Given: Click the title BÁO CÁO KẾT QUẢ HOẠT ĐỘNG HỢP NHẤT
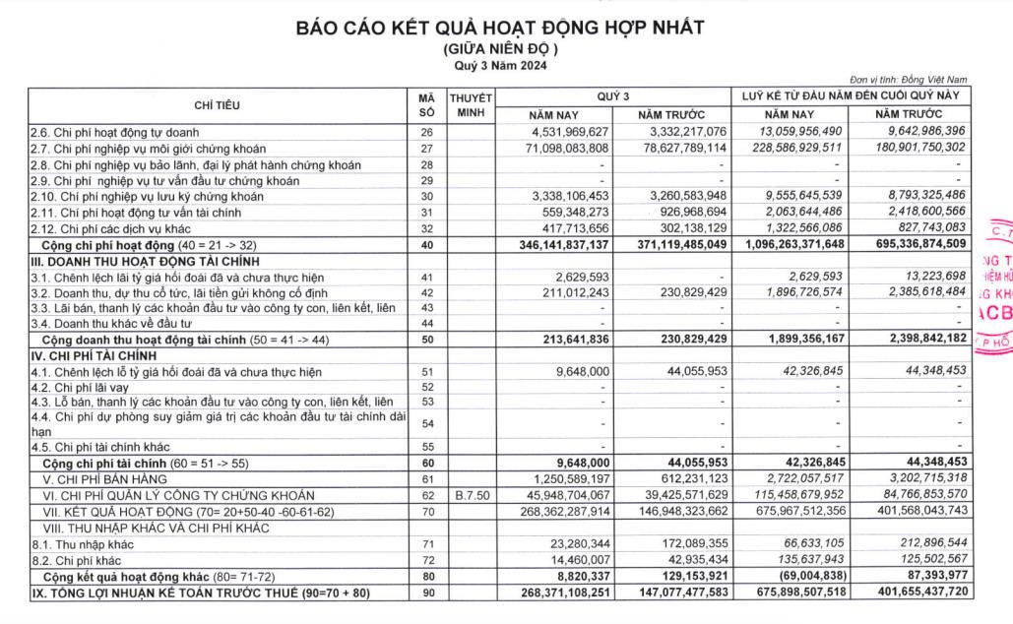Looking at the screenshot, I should pyautogui.click(x=500, y=28).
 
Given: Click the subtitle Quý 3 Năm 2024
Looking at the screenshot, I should pyautogui.click(x=500, y=66).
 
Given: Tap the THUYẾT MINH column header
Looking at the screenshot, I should pyautogui.click(x=471, y=105).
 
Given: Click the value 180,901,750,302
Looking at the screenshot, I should pyautogui.click(x=915, y=148).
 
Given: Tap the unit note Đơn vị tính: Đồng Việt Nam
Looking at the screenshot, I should pyautogui.click(x=908, y=80).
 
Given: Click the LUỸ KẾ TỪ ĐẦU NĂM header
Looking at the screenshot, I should pyautogui.click(x=852, y=96).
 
